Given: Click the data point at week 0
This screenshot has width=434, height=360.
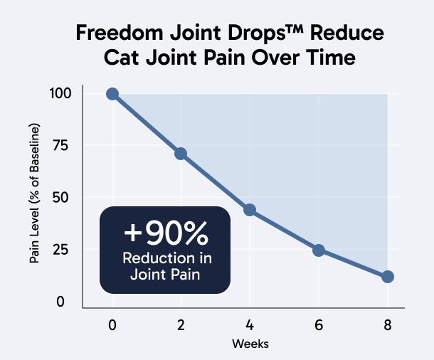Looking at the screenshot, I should pyautogui.click(x=112, y=94).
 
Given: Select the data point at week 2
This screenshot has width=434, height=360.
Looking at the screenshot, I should pyautogui.click(x=181, y=154).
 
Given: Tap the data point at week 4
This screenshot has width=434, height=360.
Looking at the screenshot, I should pyautogui.click(x=250, y=210).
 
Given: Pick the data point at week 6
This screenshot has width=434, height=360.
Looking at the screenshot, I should pyautogui.click(x=319, y=250).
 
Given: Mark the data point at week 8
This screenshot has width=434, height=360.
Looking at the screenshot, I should pyautogui.click(x=388, y=277).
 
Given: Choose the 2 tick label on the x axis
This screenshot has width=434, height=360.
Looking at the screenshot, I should pyautogui.click(x=181, y=325).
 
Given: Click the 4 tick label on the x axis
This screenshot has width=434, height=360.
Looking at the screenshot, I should pyautogui.click(x=250, y=325).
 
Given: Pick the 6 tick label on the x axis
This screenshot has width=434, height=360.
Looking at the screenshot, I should pyautogui.click(x=319, y=325).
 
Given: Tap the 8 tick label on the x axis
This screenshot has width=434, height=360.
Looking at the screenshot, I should pyautogui.click(x=388, y=325).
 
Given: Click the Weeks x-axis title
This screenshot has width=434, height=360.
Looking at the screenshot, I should pyautogui.click(x=249, y=344).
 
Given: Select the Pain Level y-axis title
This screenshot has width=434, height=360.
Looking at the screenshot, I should pyautogui.click(x=34, y=194).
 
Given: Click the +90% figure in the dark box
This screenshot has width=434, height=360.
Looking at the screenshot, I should pyautogui.click(x=166, y=232).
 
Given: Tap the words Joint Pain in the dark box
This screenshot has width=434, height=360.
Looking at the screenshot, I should pyautogui.click(x=166, y=273).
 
